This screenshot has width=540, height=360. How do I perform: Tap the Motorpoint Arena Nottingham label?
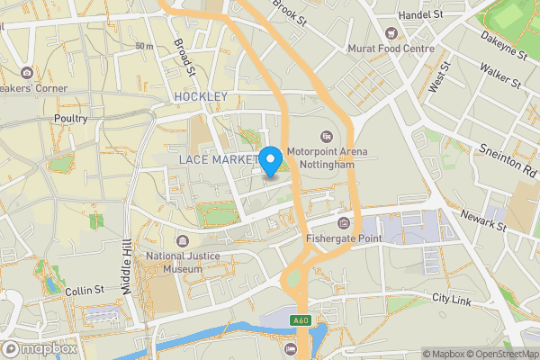[328, 158]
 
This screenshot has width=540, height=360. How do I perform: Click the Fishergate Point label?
[343, 238]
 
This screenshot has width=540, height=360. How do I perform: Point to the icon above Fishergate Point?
[342, 222]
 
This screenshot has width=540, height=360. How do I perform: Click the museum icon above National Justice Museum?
[183, 240]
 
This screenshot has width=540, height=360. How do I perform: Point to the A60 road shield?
[301, 319]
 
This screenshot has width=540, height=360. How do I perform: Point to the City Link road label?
[452, 298]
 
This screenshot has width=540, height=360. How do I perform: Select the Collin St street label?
[85, 291]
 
